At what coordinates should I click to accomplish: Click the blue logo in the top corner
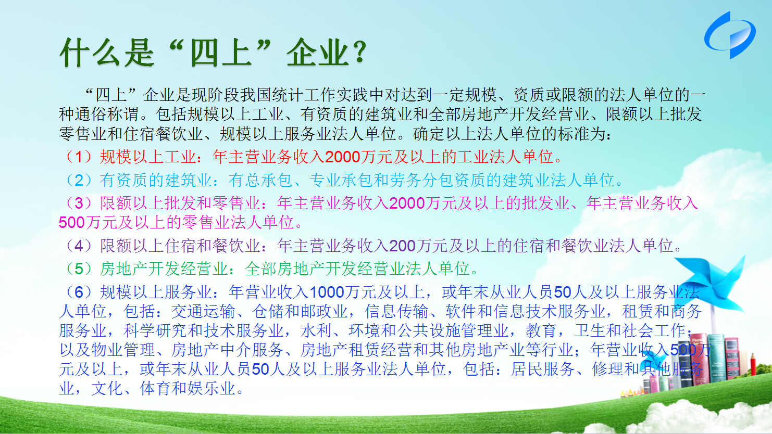(730, 35)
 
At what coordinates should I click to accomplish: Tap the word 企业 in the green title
(317, 53)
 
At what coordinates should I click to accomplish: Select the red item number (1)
(79, 157)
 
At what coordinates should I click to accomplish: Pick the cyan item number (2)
(79, 180)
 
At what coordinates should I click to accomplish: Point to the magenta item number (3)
(79, 203)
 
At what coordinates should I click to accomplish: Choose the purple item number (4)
(79, 246)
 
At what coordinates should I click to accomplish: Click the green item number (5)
(79, 269)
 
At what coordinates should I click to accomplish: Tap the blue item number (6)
(79, 292)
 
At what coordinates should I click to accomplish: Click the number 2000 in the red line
(343, 157)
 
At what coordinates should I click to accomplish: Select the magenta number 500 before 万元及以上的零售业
(72, 223)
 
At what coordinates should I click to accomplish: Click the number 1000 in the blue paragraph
(327, 292)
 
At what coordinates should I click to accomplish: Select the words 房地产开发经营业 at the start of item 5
(164, 269)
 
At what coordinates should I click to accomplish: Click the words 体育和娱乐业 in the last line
(188, 389)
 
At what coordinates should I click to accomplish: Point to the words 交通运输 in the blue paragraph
(203, 312)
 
